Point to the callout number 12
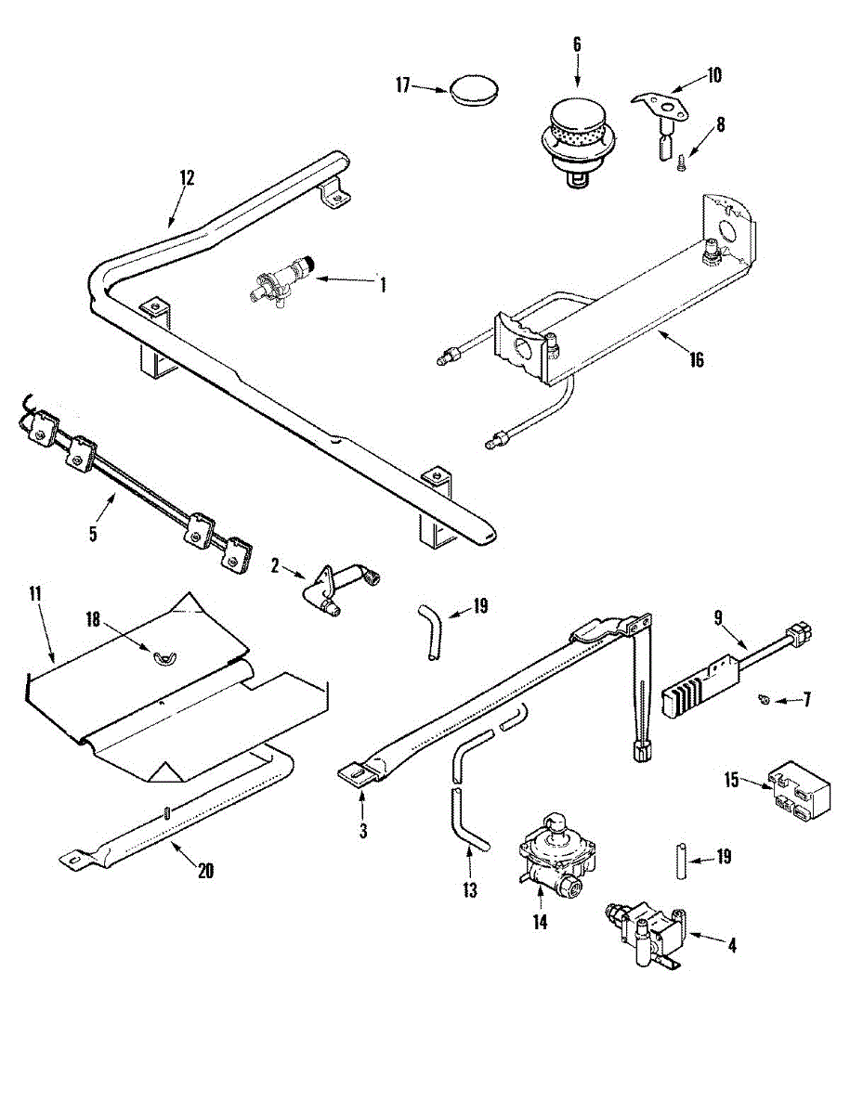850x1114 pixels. coord(187,178)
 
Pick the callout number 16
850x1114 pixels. coord(696,360)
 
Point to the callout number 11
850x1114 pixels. coord(35,594)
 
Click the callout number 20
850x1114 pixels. coord(205,870)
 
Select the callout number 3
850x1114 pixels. coord(362,831)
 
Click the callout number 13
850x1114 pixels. coord(470,890)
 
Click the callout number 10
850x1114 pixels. coord(713,76)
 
